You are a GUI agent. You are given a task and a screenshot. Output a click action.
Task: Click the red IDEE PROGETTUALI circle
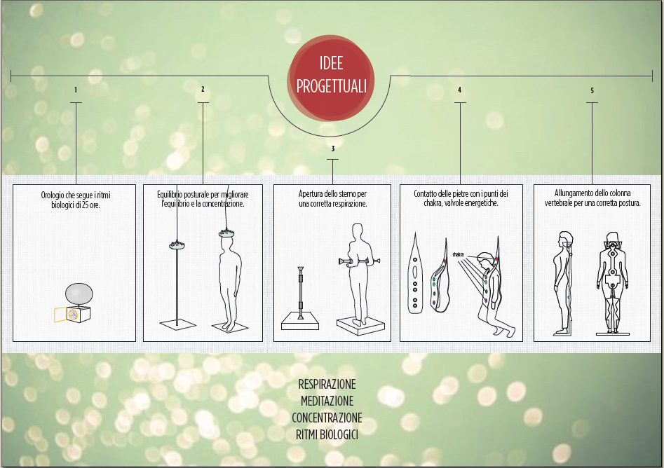click(331, 78)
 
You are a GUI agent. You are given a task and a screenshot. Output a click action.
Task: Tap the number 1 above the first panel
click(76, 90)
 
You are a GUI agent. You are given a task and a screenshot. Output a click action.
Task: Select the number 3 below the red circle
click(333, 149)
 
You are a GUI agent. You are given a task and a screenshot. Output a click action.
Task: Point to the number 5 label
click(592, 90)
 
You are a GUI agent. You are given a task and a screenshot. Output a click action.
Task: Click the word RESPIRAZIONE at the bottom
click(327, 384)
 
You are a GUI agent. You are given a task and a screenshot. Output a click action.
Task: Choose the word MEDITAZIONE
click(327, 401)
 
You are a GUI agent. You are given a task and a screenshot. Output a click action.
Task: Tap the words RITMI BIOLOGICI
click(327, 434)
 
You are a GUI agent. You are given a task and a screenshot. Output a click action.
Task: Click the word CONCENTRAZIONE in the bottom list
click(327, 418)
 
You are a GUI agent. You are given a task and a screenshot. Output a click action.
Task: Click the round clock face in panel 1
click(73, 315)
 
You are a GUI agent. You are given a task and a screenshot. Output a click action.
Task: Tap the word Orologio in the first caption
click(52, 195)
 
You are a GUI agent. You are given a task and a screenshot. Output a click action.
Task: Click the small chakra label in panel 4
click(458, 254)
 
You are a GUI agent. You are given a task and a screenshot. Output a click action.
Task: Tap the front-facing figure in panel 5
click(612, 282)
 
